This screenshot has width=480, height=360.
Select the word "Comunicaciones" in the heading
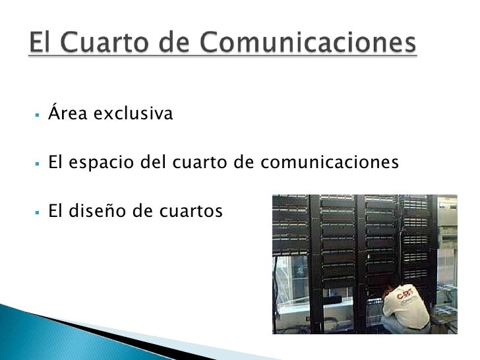[x=307, y=45]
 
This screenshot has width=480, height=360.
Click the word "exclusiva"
[x=133, y=115]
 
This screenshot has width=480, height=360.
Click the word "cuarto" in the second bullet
[x=196, y=163]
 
